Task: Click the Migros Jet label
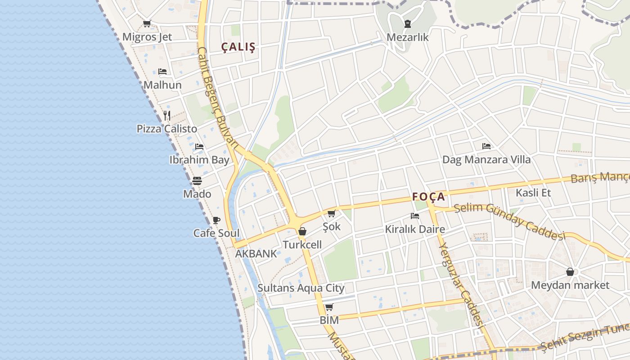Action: click(x=147, y=37)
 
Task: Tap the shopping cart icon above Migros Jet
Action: click(x=147, y=23)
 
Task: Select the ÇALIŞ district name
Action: click(x=238, y=47)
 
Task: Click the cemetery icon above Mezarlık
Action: click(x=408, y=23)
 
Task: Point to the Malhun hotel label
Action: click(x=162, y=85)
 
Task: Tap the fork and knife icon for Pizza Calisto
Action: click(x=167, y=115)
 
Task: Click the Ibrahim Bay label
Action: click(x=199, y=159)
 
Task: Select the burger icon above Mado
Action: click(x=197, y=181)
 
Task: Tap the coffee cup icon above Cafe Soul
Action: click(x=216, y=220)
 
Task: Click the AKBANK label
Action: click(x=256, y=253)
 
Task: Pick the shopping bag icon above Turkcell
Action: click(x=302, y=231)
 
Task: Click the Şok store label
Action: click(x=332, y=226)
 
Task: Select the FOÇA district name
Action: click(x=429, y=197)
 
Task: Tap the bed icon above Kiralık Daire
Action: click(x=415, y=216)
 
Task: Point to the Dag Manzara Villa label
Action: click(x=486, y=159)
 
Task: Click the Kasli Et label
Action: click(x=533, y=193)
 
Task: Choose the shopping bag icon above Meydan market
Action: click(x=570, y=272)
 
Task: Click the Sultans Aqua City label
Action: click(x=301, y=288)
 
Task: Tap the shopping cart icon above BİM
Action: click(x=329, y=307)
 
